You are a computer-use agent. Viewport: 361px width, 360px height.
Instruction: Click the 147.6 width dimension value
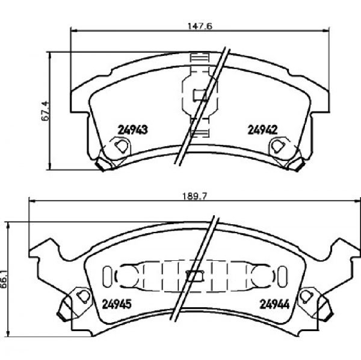click(x=200, y=26)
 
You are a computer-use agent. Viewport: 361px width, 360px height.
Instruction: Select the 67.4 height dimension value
click(x=45, y=111)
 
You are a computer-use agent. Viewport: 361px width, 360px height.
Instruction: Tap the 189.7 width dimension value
click(x=195, y=197)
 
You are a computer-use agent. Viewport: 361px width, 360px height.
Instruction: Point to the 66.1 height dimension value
click(x=4, y=279)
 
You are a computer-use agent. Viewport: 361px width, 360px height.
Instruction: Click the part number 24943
click(x=132, y=130)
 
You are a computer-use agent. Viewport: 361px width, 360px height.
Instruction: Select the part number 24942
click(x=262, y=130)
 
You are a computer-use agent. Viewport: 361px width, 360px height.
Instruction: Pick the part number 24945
click(x=117, y=304)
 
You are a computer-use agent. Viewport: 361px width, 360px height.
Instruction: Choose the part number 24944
click(x=274, y=305)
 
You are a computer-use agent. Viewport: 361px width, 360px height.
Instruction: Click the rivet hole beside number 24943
click(x=122, y=146)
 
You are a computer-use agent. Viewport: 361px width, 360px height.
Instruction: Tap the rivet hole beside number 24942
click(x=278, y=146)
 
